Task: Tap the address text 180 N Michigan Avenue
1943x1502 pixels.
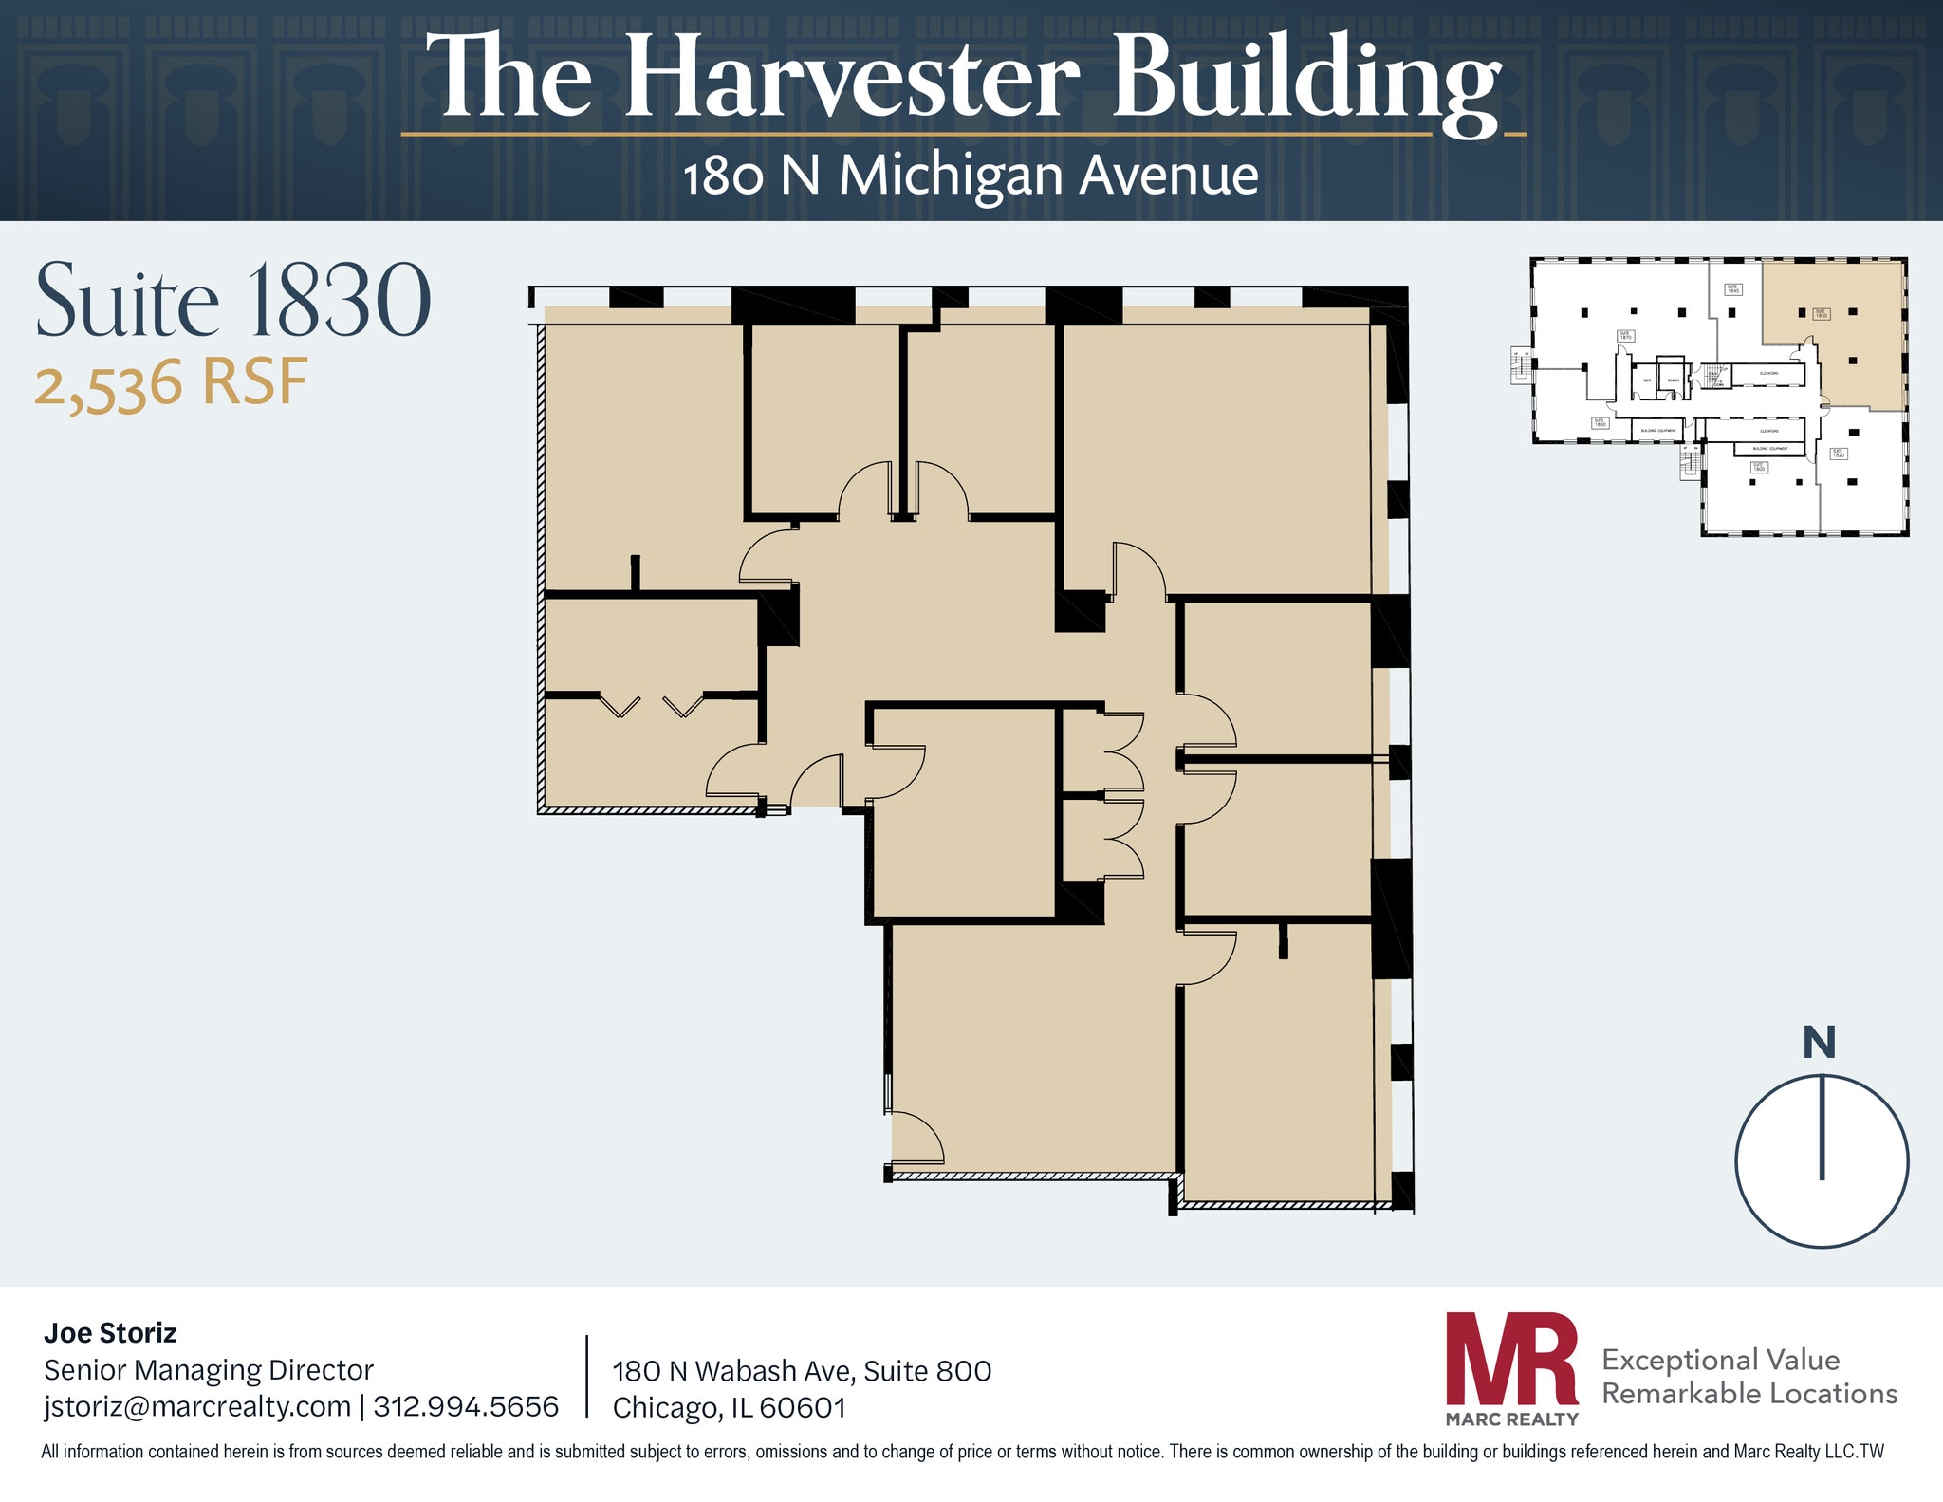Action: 971,176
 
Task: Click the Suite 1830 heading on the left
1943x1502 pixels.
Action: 233,301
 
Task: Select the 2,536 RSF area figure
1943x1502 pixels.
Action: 172,385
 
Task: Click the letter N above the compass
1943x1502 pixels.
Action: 1819,1043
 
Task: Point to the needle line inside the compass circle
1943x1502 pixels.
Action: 1822,1129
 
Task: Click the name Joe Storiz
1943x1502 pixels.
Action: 110,1333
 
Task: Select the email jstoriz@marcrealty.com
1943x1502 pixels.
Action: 197,1406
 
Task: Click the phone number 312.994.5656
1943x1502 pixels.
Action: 466,1406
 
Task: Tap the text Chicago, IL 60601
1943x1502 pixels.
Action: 729,1408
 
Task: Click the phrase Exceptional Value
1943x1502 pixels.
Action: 1720,1360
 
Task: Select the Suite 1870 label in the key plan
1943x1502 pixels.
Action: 1626,336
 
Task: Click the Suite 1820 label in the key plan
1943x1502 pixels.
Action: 1839,454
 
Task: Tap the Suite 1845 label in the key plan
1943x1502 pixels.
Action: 1733,289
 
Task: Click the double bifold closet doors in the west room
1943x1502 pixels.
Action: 652,705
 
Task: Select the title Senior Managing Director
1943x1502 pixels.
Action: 209,1370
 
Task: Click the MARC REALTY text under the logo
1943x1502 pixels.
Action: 1511,1419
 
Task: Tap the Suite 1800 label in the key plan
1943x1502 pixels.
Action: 1759,467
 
